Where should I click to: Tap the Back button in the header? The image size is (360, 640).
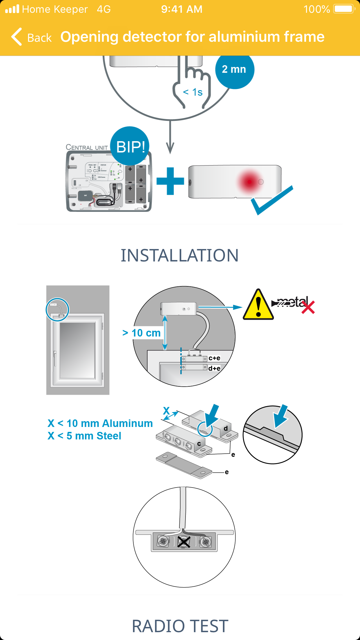click(x=31, y=37)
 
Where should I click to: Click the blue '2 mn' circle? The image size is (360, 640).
click(x=234, y=70)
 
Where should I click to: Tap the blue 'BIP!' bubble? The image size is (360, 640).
click(x=130, y=146)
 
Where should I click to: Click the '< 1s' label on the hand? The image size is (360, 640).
click(x=193, y=92)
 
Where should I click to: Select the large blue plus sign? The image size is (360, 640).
click(x=170, y=181)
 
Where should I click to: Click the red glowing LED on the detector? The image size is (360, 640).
click(x=249, y=182)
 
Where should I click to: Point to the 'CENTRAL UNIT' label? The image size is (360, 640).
click(x=87, y=147)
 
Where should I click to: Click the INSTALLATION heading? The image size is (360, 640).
click(x=180, y=255)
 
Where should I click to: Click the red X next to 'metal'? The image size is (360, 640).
click(x=308, y=307)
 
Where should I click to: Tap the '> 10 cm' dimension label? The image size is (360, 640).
click(x=142, y=333)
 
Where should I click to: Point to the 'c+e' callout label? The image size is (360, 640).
click(x=214, y=358)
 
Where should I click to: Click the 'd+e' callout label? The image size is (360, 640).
click(x=214, y=368)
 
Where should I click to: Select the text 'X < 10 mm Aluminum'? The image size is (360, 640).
click(x=100, y=423)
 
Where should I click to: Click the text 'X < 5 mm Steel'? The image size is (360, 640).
click(x=84, y=436)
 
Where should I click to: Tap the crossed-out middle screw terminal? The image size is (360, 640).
click(x=184, y=541)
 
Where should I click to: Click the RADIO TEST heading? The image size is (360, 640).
click(x=180, y=626)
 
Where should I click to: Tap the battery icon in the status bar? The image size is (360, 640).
click(x=344, y=9)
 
